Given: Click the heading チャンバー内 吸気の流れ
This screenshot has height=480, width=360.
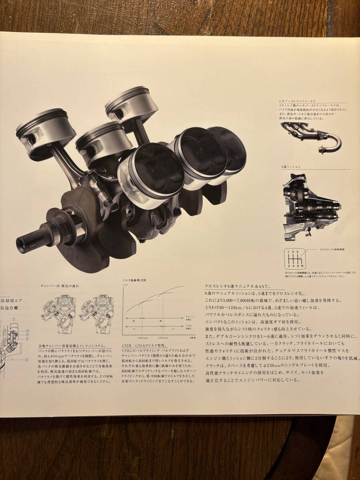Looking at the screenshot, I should [x=60, y=286].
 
